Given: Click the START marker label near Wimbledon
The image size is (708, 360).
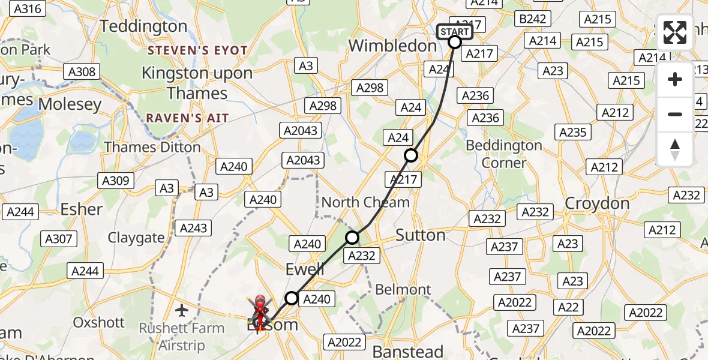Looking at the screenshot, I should coord(454,31).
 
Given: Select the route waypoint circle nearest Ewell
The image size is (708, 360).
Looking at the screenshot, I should coord(291,298).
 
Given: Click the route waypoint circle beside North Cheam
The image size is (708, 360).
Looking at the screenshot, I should coord(352,238).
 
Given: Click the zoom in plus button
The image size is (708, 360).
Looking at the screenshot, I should coord(675,79).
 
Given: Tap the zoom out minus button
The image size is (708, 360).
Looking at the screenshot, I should coord(675,114).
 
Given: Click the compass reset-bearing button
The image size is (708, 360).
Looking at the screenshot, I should coord(675,149).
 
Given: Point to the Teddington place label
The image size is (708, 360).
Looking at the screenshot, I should coord(143,26).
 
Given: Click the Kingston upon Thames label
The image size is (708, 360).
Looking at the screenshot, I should coord(197,83).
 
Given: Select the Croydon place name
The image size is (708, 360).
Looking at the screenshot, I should coord(597,203).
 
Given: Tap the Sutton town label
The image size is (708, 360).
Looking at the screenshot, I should coord(421,235).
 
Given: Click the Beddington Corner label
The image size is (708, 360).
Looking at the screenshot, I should coord(504,154).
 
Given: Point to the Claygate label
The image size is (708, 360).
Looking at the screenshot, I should coord(136,238).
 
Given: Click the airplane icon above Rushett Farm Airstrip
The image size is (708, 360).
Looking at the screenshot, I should coord(182,310).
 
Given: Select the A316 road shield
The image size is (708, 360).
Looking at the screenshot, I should coord(28,8).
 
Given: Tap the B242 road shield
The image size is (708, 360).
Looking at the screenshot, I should coord(532,19).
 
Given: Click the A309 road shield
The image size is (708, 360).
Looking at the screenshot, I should coord(115,180).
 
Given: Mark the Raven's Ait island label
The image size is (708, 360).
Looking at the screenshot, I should coord(188,118).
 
